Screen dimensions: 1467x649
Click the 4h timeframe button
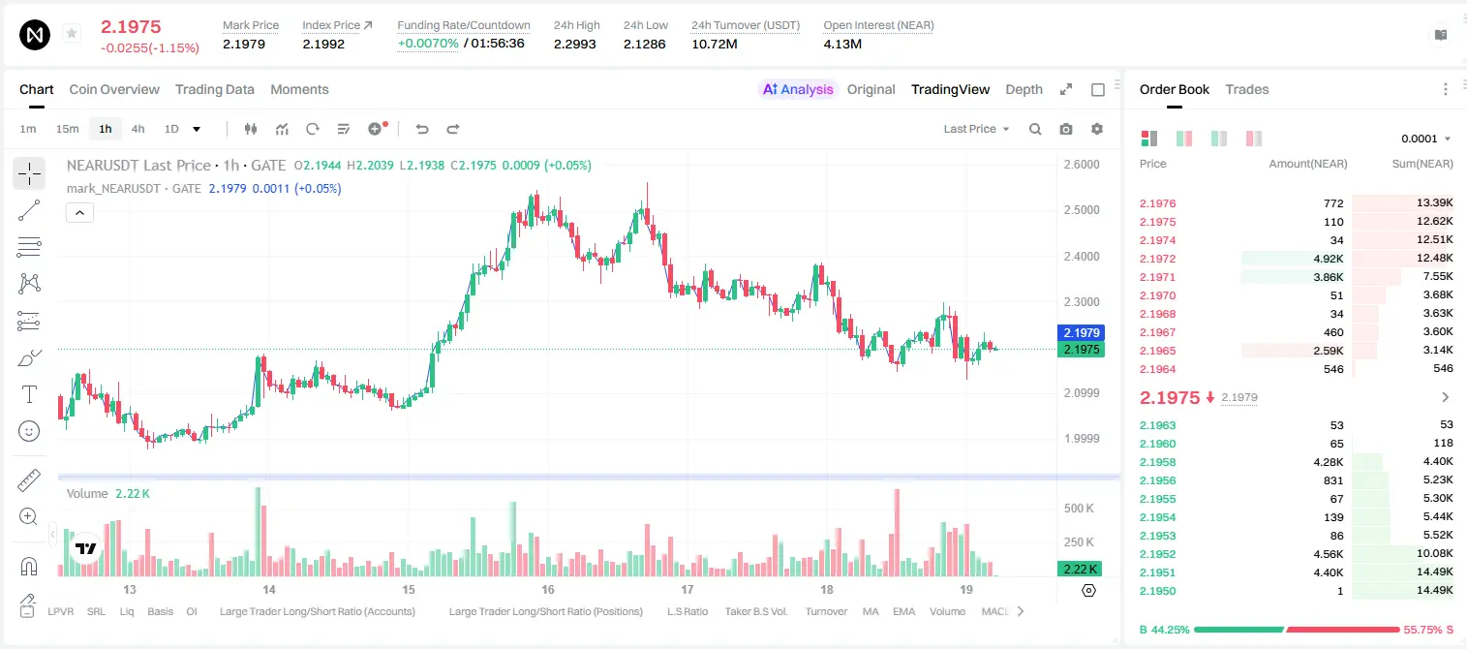(x=138, y=129)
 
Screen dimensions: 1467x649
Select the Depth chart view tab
(x=1024, y=90)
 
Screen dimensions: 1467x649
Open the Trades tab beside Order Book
(x=1247, y=90)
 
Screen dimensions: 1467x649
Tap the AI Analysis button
(x=798, y=90)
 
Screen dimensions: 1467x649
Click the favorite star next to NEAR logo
(x=72, y=33)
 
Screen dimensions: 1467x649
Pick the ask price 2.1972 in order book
(x=1157, y=259)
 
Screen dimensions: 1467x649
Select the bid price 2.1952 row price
(x=1157, y=554)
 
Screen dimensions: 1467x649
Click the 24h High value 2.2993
(x=574, y=44)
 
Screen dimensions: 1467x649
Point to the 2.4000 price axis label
(x=1082, y=256)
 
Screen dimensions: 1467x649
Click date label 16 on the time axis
(x=547, y=589)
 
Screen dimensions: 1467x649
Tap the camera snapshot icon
(x=1066, y=129)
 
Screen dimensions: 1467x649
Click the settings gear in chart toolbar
(x=1097, y=129)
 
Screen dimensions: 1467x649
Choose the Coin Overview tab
(x=114, y=90)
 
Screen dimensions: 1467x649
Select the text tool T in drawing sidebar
(x=29, y=394)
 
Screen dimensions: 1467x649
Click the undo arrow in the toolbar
(x=422, y=129)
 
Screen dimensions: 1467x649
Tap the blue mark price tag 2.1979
(x=1082, y=332)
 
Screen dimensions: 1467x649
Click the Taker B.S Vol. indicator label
(x=755, y=611)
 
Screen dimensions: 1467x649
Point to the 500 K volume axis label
(x=1079, y=509)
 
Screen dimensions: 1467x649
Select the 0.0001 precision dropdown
(x=1425, y=139)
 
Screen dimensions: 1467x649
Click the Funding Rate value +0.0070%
(x=428, y=44)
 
